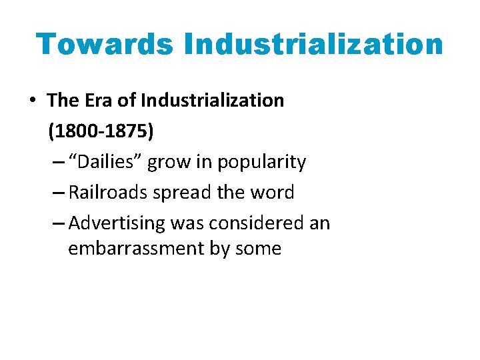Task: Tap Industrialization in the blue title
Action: pos(314,44)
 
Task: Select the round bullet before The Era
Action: pos(32,101)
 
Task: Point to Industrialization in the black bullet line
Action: pos(211,101)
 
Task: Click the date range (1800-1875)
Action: pos(101,131)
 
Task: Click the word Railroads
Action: pos(109,193)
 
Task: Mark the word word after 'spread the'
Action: pos(270,193)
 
